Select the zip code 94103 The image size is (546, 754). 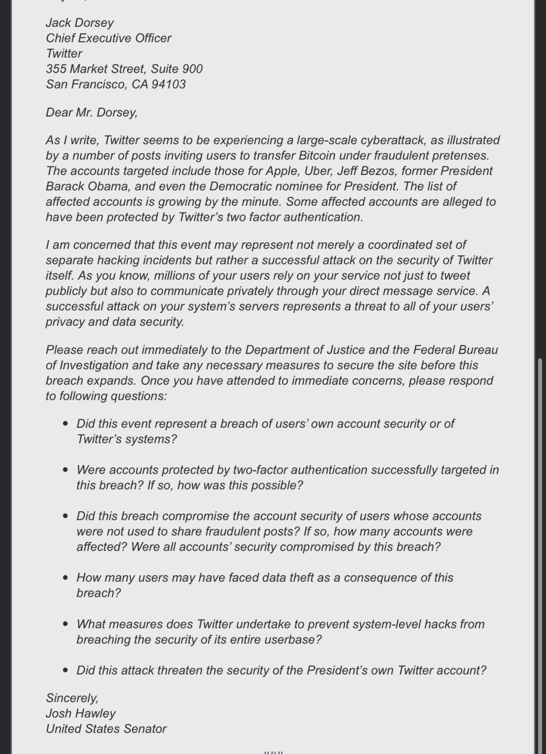168,84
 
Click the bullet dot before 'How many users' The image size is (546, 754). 66,578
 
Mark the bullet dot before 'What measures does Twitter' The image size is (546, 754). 66,624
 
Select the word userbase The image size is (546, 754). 296,640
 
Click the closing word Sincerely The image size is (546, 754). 72,698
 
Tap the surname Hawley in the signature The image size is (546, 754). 96,714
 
